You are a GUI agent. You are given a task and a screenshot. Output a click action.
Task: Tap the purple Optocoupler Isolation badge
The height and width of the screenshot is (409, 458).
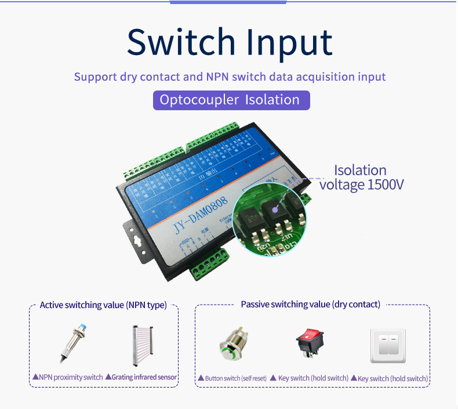231,100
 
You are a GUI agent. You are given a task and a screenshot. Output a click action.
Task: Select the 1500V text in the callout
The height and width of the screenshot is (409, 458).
386,185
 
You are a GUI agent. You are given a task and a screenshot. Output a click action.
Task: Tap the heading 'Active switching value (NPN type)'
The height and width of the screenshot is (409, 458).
103,305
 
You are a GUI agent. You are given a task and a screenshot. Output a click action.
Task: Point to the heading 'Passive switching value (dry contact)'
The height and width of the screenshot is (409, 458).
310,305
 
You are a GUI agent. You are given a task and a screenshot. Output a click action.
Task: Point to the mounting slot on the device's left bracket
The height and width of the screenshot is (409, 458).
137,240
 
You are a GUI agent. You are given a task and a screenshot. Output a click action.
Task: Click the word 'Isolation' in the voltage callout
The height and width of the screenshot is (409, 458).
360,171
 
